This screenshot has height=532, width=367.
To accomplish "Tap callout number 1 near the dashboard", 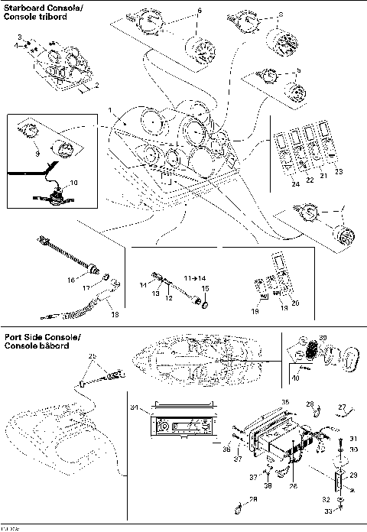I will pyautogui.click(x=111, y=112).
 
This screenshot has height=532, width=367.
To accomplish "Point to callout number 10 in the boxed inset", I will pyautogui.click(x=73, y=183).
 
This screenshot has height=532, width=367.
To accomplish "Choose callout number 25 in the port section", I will pyautogui.click(x=93, y=356).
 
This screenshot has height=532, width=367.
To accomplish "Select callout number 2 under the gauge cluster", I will pyautogui.click(x=96, y=86).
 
